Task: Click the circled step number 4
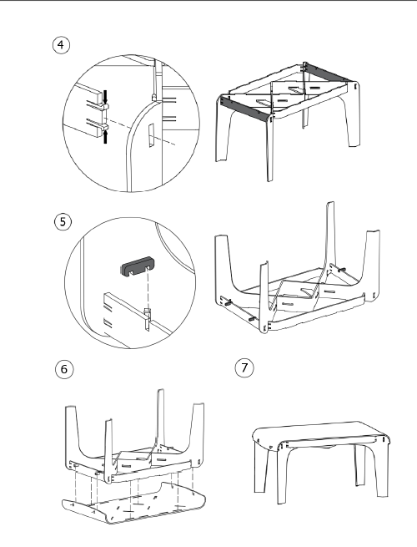(x=61, y=45)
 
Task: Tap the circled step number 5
(x=63, y=222)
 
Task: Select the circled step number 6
(x=64, y=369)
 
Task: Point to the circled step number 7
(x=244, y=368)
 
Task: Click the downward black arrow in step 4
(x=106, y=97)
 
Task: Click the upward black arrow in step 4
(x=106, y=136)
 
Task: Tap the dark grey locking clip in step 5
(x=138, y=266)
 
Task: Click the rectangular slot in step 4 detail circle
(x=152, y=135)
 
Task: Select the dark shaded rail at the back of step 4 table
(x=327, y=73)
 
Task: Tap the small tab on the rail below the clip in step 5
(x=148, y=318)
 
